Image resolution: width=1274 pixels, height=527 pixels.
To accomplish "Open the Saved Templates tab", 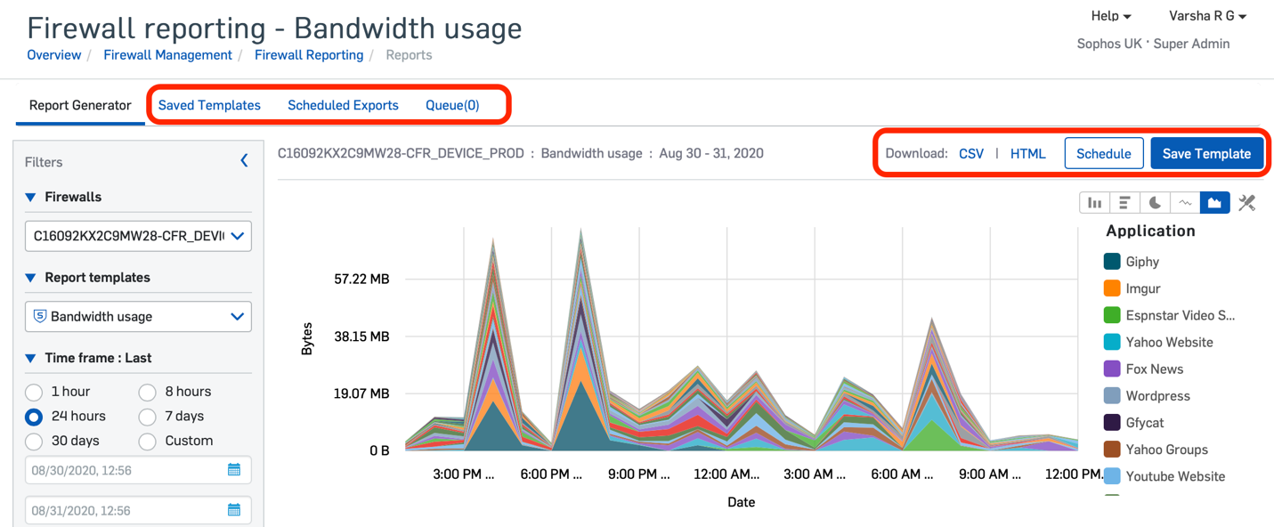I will pyautogui.click(x=209, y=105).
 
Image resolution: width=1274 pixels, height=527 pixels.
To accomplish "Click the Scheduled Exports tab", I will pyautogui.click(x=343, y=105).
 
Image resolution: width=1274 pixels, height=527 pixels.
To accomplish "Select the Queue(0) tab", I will pyautogui.click(x=452, y=105).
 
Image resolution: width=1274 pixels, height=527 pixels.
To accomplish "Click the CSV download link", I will pyautogui.click(x=971, y=153).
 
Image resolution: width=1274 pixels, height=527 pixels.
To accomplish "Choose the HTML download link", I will pyautogui.click(x=1027, y=153).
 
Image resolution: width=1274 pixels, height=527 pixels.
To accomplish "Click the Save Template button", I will pyautogui.click(x=1206, y=153).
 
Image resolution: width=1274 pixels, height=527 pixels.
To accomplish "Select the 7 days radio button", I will pyautogui.click(x=148, y=417).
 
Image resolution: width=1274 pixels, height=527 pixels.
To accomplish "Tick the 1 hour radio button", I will pyautogui.click(x=34, y=393).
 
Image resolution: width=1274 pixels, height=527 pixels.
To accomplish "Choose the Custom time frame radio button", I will pyautogui.click(x=148, y=442).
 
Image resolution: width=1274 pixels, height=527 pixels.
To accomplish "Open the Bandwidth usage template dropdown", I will pyautogui.click(x=138, y=317).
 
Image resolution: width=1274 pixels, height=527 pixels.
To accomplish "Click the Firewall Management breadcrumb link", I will pyautogui.click(x=167, y=55).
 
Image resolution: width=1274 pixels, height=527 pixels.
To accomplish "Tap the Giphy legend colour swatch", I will pyautogui.click(x=1112, y=262).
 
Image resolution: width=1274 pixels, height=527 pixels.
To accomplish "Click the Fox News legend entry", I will pyautogui.click(x=1154, y=369).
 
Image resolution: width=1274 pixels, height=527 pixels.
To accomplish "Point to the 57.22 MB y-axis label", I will pyautogui.click(x=361, y=280).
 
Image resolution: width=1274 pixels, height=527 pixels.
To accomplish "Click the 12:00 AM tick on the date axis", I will pyautogui.click(x=726, y=474).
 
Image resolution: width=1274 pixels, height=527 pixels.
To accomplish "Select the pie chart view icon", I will pyautogui.click(x=1155, y=203).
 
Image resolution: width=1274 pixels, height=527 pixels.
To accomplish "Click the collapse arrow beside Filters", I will pyautogui.click(x=244, y=161).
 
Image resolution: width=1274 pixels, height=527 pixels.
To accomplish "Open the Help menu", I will pyautogui.click(x=1110, y=16).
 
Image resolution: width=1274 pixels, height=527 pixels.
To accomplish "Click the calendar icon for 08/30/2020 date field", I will pyautogui.click(x=234, y=470).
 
